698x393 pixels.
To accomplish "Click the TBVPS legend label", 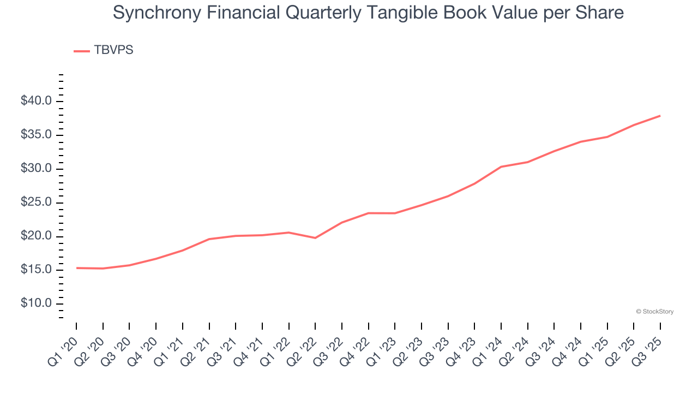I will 113,50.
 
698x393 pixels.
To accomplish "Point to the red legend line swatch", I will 82,51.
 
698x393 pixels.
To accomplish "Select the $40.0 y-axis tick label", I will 37,102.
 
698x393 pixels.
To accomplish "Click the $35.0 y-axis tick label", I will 37,135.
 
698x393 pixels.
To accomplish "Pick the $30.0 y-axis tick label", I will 37,169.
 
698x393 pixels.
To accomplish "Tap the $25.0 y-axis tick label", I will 37,203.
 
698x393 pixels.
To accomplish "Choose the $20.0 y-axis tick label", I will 37,236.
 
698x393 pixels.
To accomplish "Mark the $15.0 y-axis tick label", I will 37,270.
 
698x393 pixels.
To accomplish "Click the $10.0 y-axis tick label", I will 37,304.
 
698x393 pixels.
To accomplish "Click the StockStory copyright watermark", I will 654,312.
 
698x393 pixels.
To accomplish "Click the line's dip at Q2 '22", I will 315,238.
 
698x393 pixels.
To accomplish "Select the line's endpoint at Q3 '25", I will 660,116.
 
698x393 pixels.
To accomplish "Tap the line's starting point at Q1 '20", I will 76,268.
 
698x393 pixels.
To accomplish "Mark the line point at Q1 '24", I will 501,166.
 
